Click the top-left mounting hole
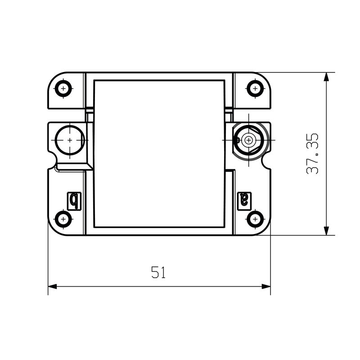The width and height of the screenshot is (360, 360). coord(63,88)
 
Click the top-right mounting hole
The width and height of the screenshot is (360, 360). coord(255,88)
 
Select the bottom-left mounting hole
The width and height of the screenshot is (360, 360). coord(63,219)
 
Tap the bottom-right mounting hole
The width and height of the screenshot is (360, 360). coord(255,219)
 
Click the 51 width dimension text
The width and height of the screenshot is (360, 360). coord(158,272)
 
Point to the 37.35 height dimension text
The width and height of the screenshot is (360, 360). coord(313,154)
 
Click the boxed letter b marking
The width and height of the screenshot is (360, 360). coord(74,201)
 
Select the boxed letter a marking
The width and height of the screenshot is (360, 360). coord(244,201)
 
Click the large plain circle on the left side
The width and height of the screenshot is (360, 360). coord(70,140)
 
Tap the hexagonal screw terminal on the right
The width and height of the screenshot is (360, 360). coord(249,140)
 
